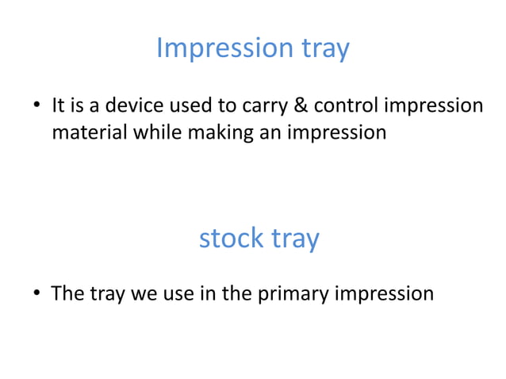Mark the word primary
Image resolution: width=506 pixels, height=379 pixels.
(x=293, y=294)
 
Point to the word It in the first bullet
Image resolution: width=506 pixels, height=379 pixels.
(x=59, y=105)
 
